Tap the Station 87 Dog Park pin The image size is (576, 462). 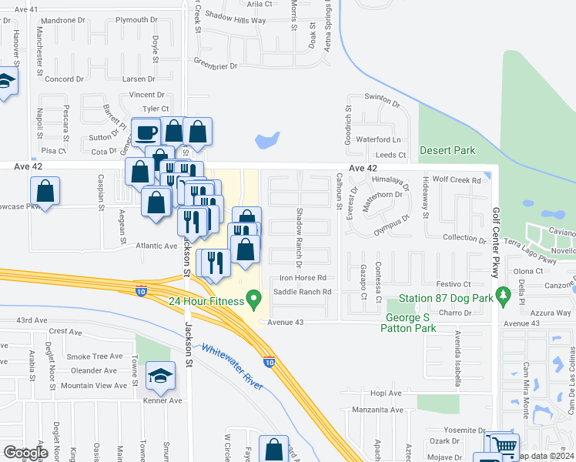pyautogui.click(x=504, y=295)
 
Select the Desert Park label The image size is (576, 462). pyautogui.click(x=447, y=150)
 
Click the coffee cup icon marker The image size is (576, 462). pyautogui.click(x=145, y=132)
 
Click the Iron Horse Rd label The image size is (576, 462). pyautogui.click(x=303, y=277)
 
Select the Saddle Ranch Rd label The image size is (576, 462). pyautogui.click(x=303, y=292)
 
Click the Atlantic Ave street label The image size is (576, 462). pyautogui.click(x=156, y=246)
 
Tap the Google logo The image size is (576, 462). pyautogui.click(x=26, y=453)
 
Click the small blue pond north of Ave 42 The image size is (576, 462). pyautogui.click(x=267, y=140)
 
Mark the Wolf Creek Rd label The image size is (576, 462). pyautogui.click(x=457, y=180)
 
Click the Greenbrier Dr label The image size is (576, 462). pyautogui.click(x=215, y=66)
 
